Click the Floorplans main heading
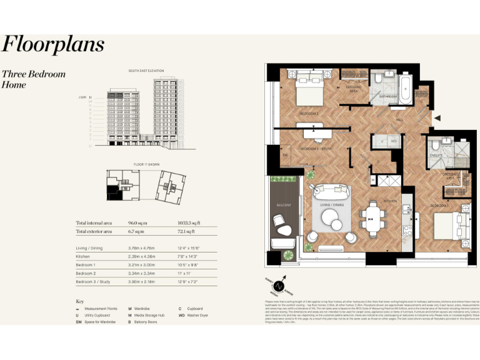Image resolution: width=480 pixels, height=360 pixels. pos(52,45)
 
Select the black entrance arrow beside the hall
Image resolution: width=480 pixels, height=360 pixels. pos(438,117)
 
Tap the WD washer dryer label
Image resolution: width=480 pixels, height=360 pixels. pos(394,141)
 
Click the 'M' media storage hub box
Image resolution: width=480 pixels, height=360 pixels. pos(372,181)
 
